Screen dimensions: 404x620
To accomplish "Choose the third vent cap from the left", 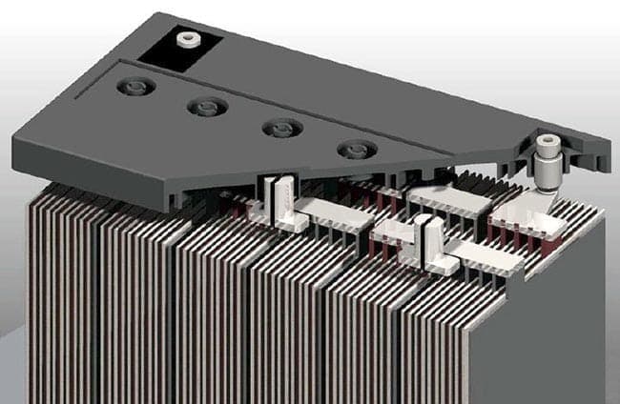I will pos(280,128).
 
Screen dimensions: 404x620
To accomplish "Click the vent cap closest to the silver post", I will pos(357,150).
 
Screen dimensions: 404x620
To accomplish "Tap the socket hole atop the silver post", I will pos(548,143).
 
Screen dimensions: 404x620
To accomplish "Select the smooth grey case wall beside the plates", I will pos(572,314).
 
